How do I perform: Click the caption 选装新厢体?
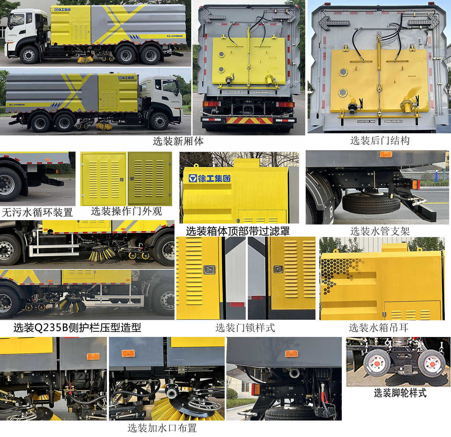pos(178,141)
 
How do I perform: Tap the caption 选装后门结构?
pos(380,141)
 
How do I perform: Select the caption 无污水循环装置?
pos(37,212)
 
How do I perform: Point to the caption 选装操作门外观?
pos(126,211)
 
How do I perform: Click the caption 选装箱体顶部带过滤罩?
pos(238,231)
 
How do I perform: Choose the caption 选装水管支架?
pos(380,231)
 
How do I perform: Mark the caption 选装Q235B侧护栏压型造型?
pos(77,327)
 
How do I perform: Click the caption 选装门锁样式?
pos(245,327)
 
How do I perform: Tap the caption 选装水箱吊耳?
pos(379,327)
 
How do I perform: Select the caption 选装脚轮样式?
pos(400,393)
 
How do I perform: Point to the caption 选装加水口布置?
pos(162,428)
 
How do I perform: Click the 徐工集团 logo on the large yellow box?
pos(210,178)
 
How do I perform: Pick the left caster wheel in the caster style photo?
pos(377,364)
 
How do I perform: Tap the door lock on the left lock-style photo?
pos(209,269)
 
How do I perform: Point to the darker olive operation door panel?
pos(150,179)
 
